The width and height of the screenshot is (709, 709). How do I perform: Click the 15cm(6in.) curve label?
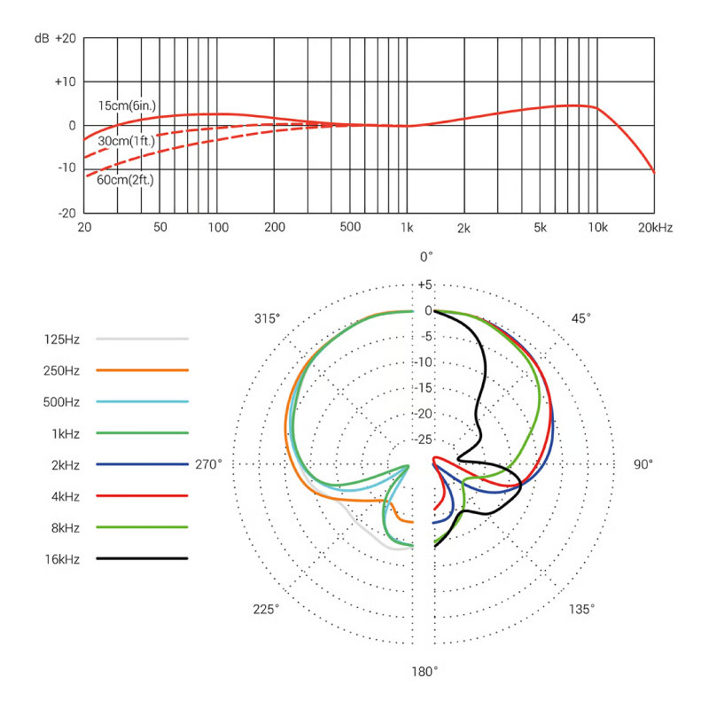[x=127, y=105]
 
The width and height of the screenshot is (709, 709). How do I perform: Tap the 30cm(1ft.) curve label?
[x=127, y=141]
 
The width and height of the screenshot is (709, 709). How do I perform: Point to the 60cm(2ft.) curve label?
[x=127, y=181]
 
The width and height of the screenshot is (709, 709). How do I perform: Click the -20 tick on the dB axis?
[x=65, y=214]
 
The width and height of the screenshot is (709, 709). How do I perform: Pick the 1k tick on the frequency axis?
[x=407, y=228]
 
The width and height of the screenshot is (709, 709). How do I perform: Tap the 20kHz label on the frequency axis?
[x=654, y=228]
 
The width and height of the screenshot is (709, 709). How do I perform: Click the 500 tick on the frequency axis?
[x=350, y=228]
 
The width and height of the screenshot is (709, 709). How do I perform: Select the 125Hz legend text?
[x=61, y=339]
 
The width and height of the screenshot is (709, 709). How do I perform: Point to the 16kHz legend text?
[x=61, y=558]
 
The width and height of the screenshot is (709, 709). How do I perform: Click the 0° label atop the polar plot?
[x=426, y=257]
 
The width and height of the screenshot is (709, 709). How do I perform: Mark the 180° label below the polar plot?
[x=424, y=671]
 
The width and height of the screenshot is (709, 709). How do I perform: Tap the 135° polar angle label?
[x=581, y=609]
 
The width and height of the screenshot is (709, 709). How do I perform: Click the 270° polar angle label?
[x=209, y=464]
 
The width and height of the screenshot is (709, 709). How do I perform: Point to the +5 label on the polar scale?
[x=425, y=284]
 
